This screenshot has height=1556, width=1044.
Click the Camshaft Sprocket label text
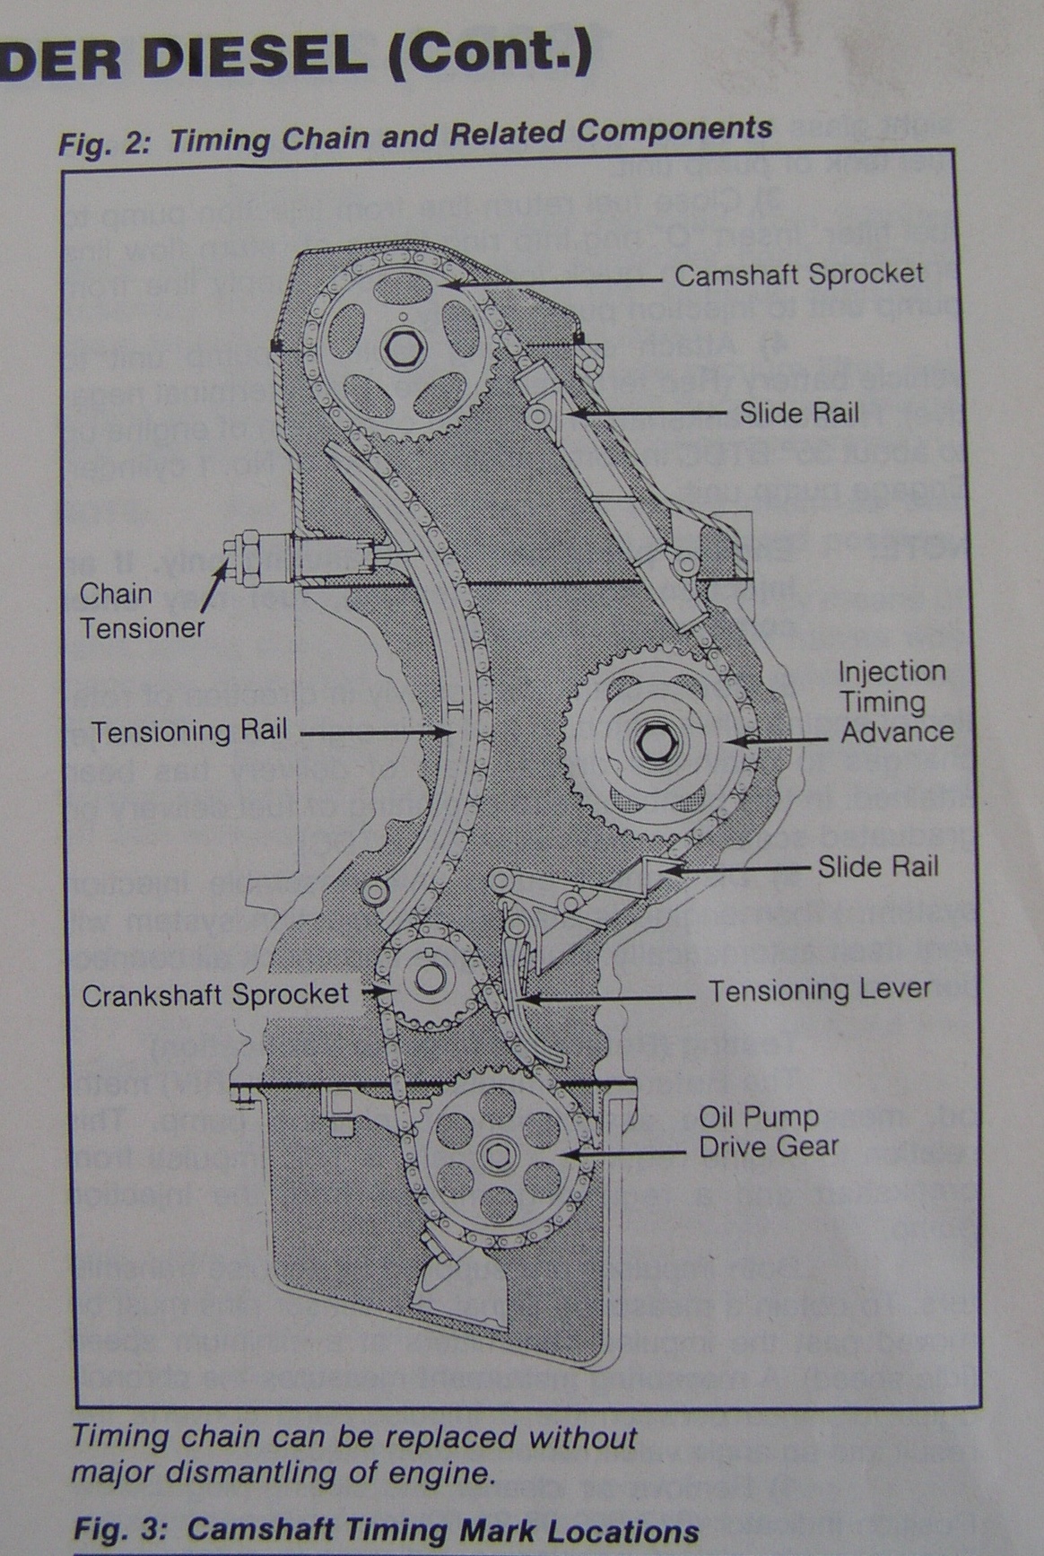(798, 275)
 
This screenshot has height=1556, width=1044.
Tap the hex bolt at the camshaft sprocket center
(399, 346)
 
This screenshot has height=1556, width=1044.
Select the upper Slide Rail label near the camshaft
(798, 413)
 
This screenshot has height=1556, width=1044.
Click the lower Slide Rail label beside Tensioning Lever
(877, 867)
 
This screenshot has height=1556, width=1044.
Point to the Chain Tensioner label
(141, 610)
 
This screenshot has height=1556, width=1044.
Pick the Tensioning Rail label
(189, 730)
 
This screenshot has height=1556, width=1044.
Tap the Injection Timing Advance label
(894, 701)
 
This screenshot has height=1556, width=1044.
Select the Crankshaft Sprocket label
(215, 994)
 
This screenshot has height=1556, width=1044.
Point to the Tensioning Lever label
(820, 990)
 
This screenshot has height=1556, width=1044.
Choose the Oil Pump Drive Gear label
(768, 1132)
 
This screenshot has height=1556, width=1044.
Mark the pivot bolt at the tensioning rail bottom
(376, 891)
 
